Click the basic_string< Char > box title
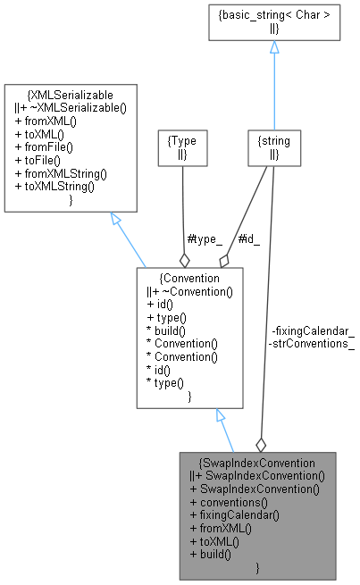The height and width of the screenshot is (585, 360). pyautogui.click(x=273, y=15)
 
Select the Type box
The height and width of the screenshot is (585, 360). pyautogui.click(x=182, y=146)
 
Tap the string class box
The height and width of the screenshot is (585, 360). pyautogui.click(x=273, y=146)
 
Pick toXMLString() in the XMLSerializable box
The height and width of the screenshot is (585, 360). pyautogui.click(x=55, y=187)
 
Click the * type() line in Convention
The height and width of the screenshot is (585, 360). pyautogui.click(x=169, y=382)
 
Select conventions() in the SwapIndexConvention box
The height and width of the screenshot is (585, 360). pyautogui.click(x=228, y=501)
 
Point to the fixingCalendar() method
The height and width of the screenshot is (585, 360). pyautogui.click(x=234, y=514)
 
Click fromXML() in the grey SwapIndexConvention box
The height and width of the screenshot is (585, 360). pyautogui.click(x=222, y=528)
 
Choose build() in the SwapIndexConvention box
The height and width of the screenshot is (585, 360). pyautogui.click(x=211, y=554)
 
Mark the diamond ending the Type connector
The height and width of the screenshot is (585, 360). pyautogui.click(x=184, y=260)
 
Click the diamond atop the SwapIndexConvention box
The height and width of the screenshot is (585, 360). pyautogui.click(x=261, y=444)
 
